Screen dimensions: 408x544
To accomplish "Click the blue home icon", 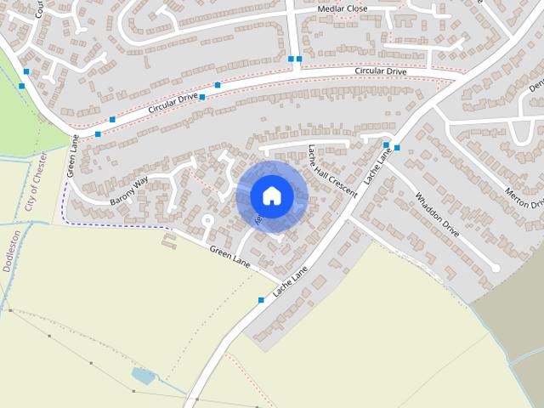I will click(x=271, y=195).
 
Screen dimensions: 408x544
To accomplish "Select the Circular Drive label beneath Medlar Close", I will click(x=381, y=72).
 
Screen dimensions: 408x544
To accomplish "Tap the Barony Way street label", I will click(x=129, y=191).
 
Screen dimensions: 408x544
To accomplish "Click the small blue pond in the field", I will click(x=142, y=376).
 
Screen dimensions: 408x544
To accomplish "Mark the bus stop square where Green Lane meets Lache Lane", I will click(x=261, y=299).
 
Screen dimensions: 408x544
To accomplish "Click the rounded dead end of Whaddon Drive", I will click(x=496, y=268).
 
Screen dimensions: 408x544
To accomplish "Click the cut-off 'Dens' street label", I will click(x=535, y=80).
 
